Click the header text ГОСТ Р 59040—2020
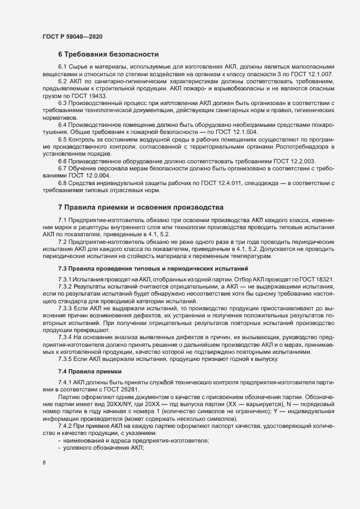pyautogui.click(x=72, y=36)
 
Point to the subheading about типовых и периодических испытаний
pyautogui.click(x=153, y=268)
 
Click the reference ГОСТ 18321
pyautogui.click(x=318, y=279)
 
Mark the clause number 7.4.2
pyautogui.click(x=66, y=426)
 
